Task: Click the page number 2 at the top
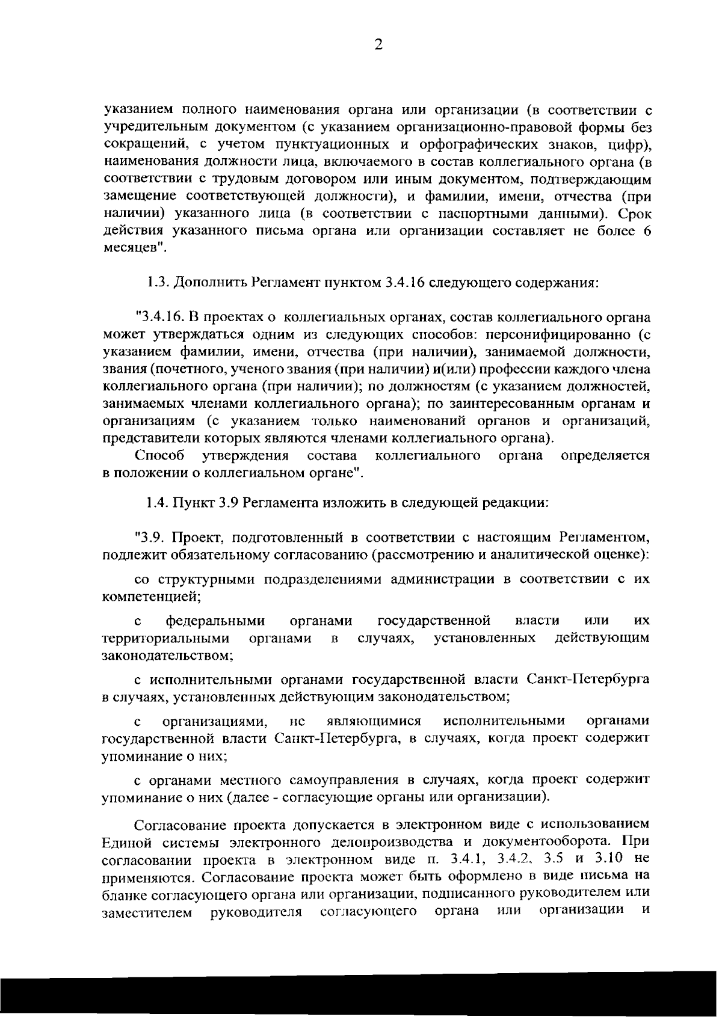pos(378,45)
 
